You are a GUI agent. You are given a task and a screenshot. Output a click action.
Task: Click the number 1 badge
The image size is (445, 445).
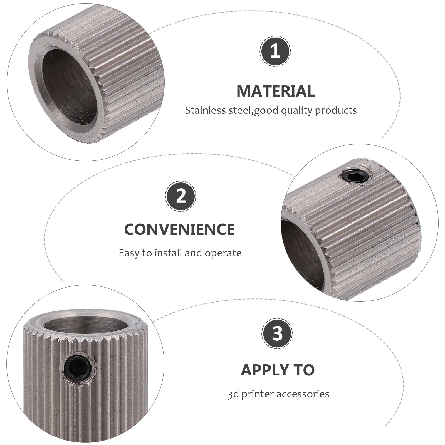coord(275,51)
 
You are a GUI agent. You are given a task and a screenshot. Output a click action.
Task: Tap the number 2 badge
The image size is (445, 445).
coord(181,196)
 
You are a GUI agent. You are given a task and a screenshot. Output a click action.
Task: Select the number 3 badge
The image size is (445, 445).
coord(277,333)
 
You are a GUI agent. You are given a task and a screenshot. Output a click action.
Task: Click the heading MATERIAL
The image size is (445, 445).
coord(275,91)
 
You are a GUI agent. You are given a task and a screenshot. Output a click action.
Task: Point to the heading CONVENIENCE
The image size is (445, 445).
coord(179,229)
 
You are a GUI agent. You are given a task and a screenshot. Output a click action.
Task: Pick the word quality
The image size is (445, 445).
coord(297,111)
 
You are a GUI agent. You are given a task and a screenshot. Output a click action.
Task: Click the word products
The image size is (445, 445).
coord(336,111)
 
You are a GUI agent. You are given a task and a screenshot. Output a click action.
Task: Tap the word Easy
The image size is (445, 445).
coord(129,253)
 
